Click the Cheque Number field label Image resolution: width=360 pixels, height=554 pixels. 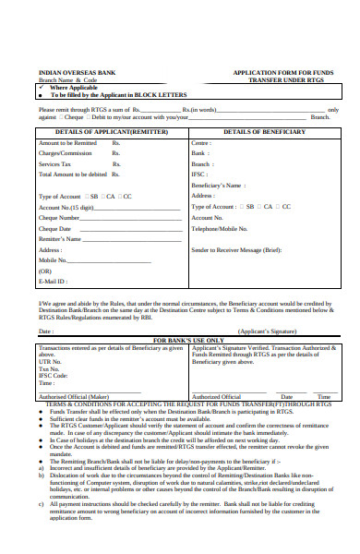[x=62, y=218]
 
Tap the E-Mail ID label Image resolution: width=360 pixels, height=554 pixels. [x=54, y=283]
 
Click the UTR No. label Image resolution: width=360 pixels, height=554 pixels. [x=51, y=360]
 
